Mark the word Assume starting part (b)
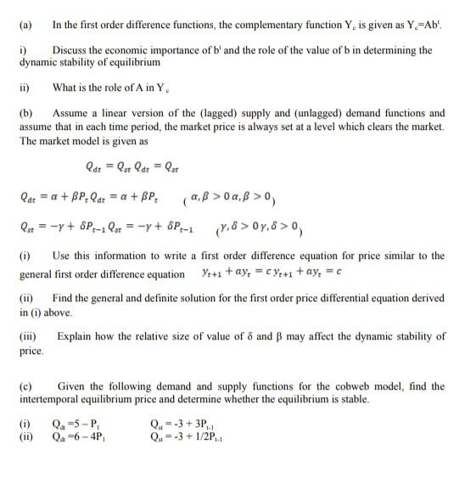pos(71,111)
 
